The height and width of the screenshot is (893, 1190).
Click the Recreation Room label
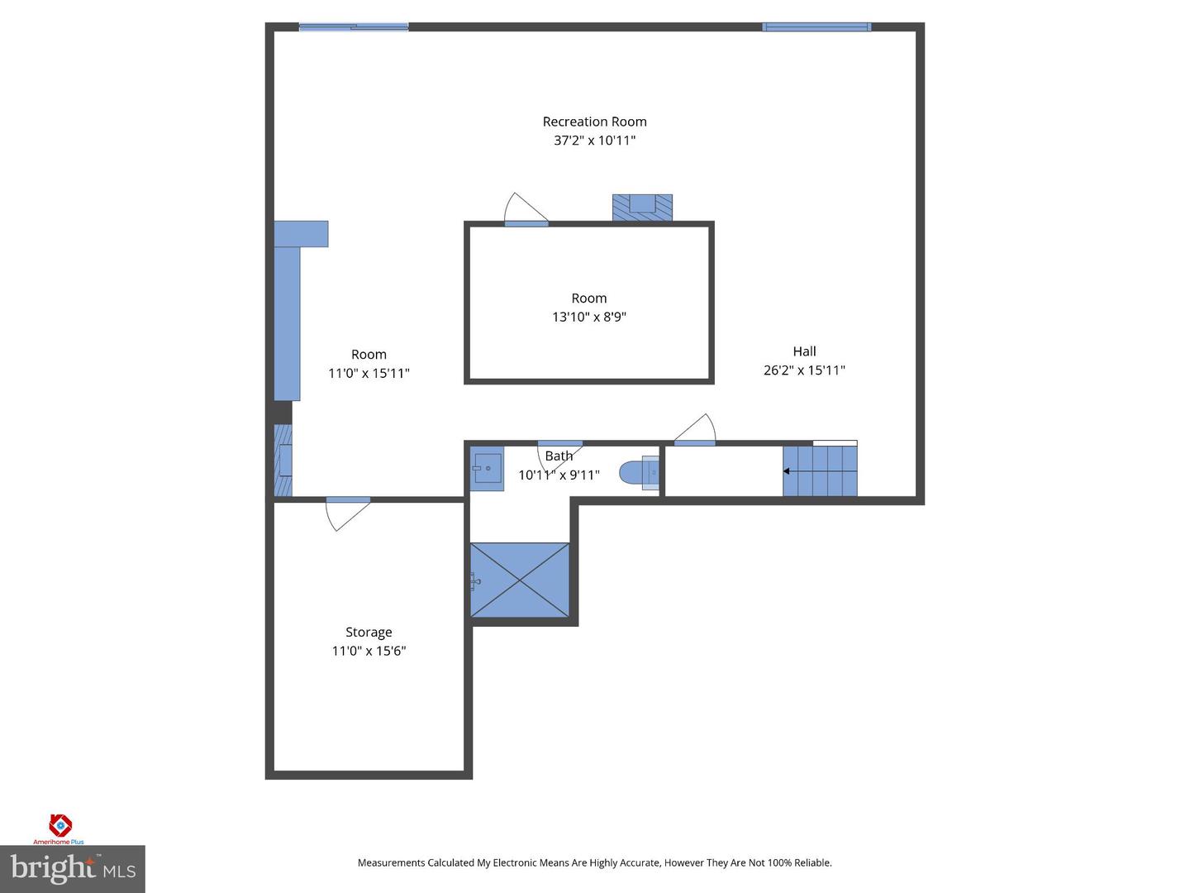click(x=594, y=122)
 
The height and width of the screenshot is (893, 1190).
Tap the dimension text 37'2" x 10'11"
click(x=594, y=141)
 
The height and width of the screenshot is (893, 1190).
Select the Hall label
click(x=804, y=351)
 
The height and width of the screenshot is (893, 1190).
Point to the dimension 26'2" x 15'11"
click(x=804, y=370)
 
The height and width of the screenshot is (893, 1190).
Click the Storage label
click(x=369, y=633)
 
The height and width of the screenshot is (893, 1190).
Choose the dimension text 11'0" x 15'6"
click(x=369, y=651)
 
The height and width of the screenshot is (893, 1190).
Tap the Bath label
click(x=559, y=456)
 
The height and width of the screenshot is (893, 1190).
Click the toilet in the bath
click(x=638, y=473)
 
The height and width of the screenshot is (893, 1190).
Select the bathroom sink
click(x=487, y=469)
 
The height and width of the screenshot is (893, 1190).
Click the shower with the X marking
click(x=520, y=580)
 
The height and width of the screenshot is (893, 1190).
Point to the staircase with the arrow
click(x=819, y=471)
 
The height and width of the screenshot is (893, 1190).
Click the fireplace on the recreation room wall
click(x=642, y=207)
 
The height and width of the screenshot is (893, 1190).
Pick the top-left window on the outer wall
click(x=354, y=27)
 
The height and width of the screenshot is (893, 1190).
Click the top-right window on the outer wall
click(x=816, y=27)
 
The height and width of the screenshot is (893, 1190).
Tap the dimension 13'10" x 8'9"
click(x=589, y=317)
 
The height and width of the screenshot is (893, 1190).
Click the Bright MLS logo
click(x=73, y=869)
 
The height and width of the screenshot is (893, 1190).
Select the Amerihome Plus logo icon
click(x=60, y=824)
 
